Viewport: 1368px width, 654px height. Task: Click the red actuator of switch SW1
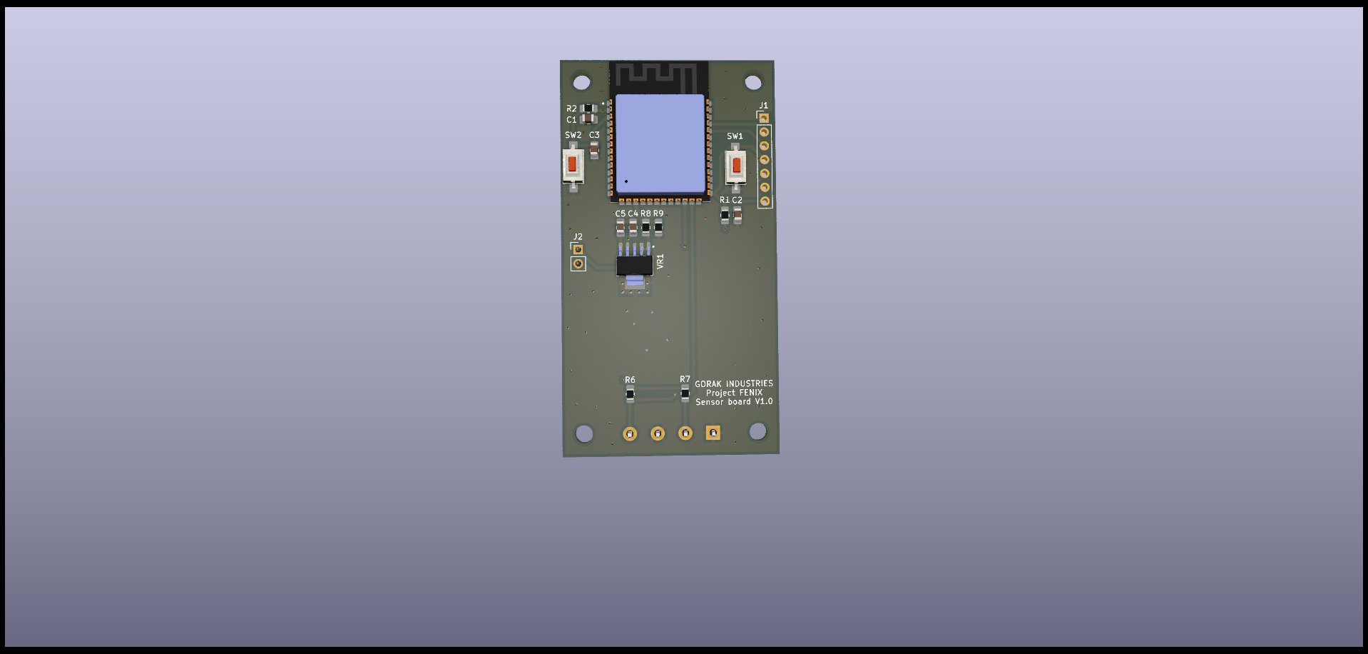737,166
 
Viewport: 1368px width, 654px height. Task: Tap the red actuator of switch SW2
572,164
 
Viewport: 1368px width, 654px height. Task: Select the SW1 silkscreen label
735,136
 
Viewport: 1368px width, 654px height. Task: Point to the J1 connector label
763,106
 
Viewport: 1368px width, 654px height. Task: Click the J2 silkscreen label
578,237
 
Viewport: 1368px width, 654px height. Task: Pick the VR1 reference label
660,261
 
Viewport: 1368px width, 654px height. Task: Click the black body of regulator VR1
634,266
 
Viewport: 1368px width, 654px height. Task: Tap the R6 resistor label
630,380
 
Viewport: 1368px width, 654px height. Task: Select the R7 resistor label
685,379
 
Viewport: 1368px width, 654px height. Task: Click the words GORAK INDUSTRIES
734,383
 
